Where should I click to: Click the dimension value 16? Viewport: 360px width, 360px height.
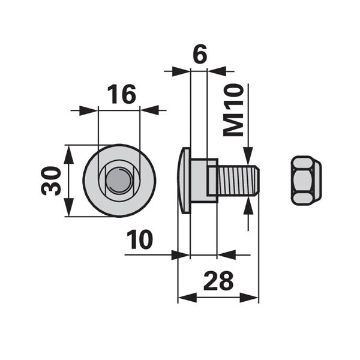tap(122, 94)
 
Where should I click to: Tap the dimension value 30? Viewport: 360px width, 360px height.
tap(51, 181)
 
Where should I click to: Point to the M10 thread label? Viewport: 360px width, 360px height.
tap(233, 110)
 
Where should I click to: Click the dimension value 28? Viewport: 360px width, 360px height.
tap(218, 280)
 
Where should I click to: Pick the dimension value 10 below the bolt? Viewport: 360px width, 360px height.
tap(140, 239)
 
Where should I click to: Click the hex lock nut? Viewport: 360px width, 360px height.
tap(306, 181)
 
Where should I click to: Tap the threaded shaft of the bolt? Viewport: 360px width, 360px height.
tap(238, 181)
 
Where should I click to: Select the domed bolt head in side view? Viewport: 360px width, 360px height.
tap(184, 181)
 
